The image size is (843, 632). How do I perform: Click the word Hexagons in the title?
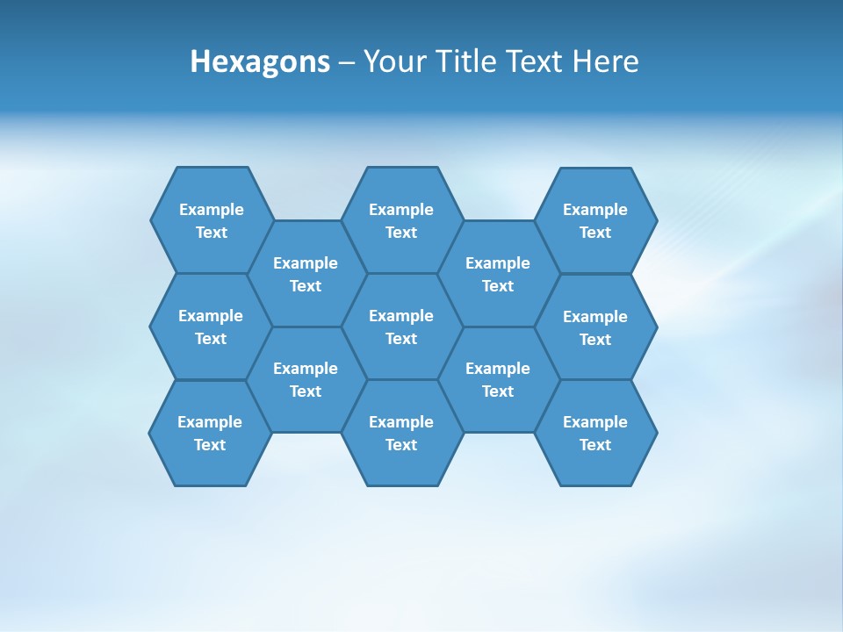pos(260,61)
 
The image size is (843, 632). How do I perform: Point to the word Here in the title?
pos(605,61)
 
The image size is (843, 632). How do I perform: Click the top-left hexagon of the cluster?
pos(212,220)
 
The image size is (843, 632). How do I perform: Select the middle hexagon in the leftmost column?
pos(211,327)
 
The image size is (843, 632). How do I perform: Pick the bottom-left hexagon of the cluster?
pos(210,433)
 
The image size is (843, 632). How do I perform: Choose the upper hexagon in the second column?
pos(306,274)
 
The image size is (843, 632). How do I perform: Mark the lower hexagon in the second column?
pos(306,379)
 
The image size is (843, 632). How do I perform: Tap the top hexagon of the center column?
pos(401,220)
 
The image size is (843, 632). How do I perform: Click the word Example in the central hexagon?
pos(401,316)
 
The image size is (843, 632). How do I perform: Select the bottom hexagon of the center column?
pos(401,433)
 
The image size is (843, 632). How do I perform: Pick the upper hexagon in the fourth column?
pos(498,274)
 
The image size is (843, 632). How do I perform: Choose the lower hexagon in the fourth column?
pos(498,379)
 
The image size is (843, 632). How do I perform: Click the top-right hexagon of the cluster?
pos(595,220)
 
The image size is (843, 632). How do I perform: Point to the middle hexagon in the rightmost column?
pos(595,327)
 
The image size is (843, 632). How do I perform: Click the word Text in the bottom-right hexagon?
pos(595,445)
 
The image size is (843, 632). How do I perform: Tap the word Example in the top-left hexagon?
pos(212,210)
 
